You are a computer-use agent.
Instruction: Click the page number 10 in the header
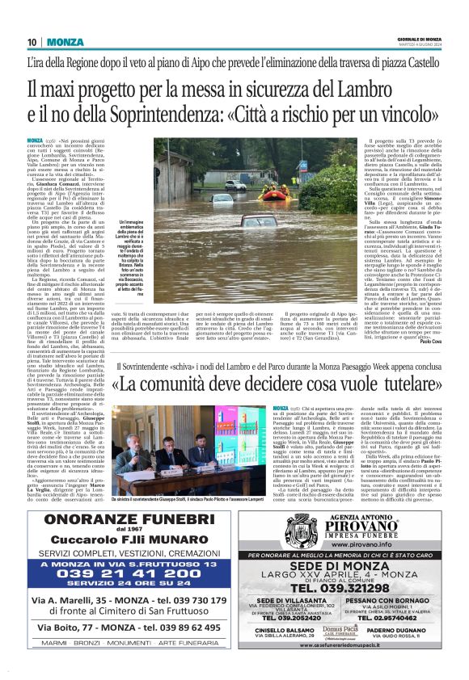32,42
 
